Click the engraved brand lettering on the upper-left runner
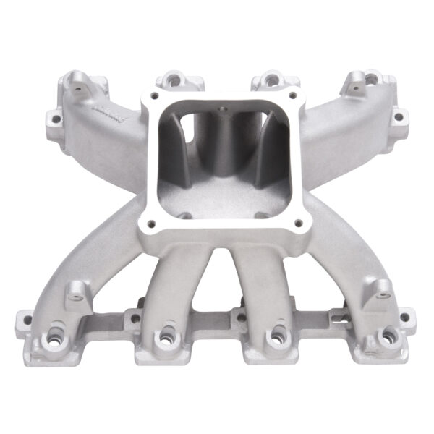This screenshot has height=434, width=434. (106, 111)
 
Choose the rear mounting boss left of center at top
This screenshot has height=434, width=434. (174, 79)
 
